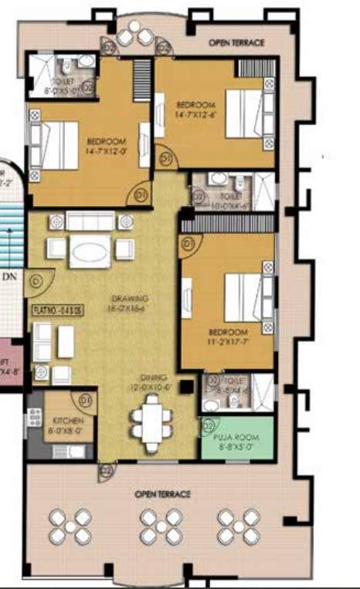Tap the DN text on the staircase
click(x=10, y=275)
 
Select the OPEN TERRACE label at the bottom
click(x=162, y=493)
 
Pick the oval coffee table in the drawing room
click(x=91, y=252)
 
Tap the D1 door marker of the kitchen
click(x=86, y=400)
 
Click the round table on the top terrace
click(x=139, y=34)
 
